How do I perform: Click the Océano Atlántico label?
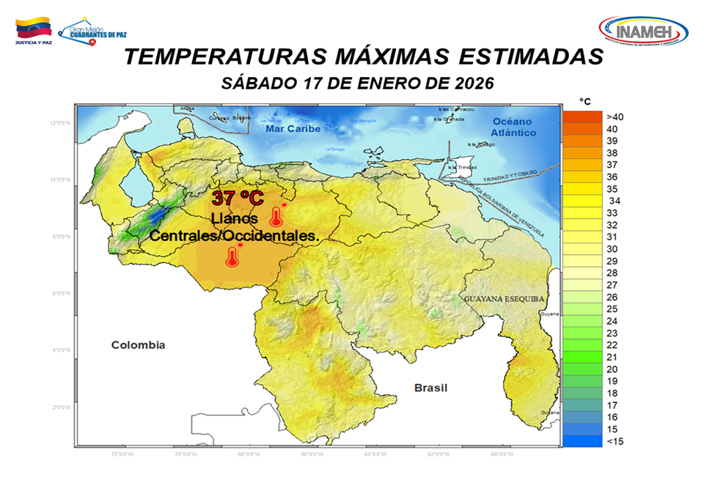point(513,127)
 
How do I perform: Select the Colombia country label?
point(138,344)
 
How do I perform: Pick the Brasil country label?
point(430,388)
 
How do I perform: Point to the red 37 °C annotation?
point(237,198)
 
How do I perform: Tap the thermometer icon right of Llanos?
point(276,215)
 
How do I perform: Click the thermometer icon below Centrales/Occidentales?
point(233,256)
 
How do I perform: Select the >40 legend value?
point(615,117)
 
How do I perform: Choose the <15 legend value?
point(614,441)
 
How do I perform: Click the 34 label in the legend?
point(615,201)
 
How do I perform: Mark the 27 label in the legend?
point(612,285)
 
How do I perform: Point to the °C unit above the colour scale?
point(584,101)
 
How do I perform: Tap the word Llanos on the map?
point(234,218)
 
